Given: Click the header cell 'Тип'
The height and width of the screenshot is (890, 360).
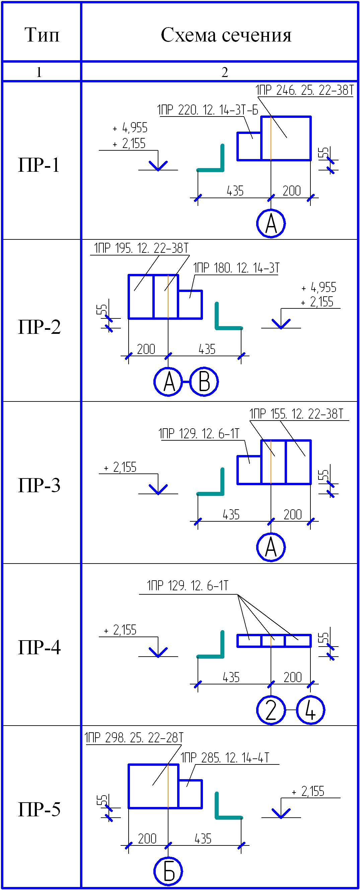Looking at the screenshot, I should click(42, 35).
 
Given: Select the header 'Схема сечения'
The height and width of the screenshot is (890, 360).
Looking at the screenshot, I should click(226, 35).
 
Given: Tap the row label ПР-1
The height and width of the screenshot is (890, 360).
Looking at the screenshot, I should click(39, 165).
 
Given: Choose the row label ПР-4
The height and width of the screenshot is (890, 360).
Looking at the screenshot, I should click(39, 647).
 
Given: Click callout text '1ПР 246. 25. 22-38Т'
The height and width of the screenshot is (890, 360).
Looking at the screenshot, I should click(304, 90).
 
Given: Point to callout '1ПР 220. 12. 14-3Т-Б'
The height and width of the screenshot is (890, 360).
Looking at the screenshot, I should click(208, 110).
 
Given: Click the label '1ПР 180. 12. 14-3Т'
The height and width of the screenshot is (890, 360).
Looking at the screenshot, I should click(236, 268).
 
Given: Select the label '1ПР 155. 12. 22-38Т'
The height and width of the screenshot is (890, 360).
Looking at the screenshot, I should click(296, 414).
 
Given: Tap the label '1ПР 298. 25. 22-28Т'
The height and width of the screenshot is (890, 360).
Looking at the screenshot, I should click(134, 738).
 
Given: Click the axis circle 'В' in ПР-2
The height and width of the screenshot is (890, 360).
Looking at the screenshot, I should click(204, 382).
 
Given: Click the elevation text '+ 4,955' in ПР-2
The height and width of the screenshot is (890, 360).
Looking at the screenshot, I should click(318, 287).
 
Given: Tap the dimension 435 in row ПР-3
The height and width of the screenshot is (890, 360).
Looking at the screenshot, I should click(231, 514).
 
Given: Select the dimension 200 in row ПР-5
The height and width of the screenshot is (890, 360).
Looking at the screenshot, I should click(147, 838).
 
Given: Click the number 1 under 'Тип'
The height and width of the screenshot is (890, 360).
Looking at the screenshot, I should click(39, 72).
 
